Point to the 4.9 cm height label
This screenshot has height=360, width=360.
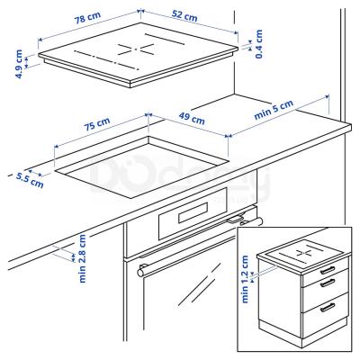[x=20, y=62]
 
